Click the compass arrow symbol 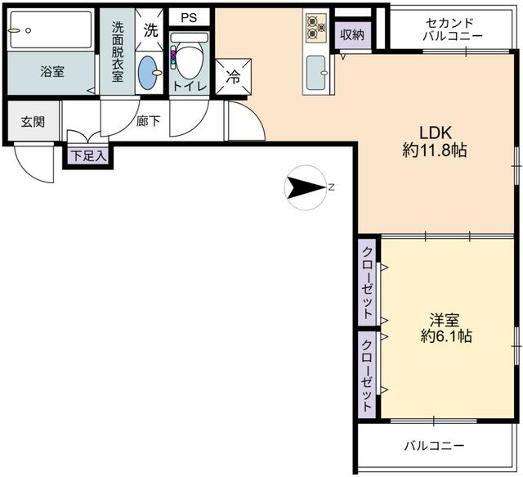tap(304, 188)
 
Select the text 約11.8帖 tap(435, 151)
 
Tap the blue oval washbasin tap(149, 72)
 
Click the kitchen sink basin tap(315, 74)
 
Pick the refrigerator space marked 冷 tap(233, 79)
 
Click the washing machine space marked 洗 tap(150, 30)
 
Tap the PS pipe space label tap(189, 16)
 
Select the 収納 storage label tap(353, 34)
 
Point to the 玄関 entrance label tap(33, 122)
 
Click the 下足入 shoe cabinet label tap(88, 155)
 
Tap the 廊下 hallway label tap(149, 121)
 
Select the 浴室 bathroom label tap(52, 71)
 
